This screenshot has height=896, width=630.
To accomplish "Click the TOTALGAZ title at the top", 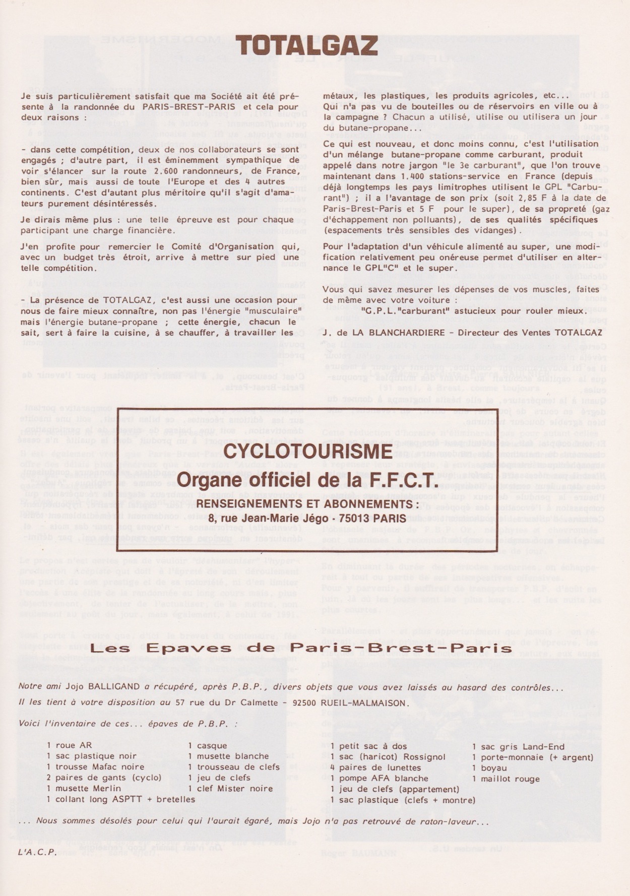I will (x=307, y=46).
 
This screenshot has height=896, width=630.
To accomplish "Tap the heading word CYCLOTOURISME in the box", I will (x=307, y=452).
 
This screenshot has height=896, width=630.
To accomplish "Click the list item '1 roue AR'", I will (x=69, y=745).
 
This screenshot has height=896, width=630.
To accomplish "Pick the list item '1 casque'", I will (x=208, y=746).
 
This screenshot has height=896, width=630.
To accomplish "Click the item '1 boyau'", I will (x=489, y=768).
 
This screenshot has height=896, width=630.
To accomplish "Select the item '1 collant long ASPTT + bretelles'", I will (x=121, y=799).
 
